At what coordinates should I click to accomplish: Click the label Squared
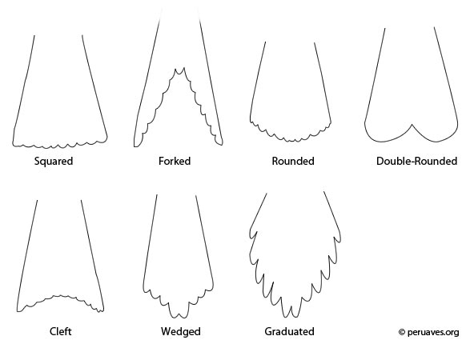(54, 162)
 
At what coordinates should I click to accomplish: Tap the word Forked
(175, 161)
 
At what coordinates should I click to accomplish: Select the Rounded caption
(293, 161)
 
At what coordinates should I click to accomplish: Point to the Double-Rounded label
(416, 161)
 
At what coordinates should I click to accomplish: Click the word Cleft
(61, 331)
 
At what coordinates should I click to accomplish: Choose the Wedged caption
(181, 332)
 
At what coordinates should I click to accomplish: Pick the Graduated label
(289, 331)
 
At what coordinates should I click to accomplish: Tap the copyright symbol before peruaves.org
(402, 332)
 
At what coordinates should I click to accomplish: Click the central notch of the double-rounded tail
(412, 124)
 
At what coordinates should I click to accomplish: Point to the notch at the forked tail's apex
(179, 73)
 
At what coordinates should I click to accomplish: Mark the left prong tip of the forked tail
(135, 146)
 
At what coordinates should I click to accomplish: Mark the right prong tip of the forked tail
(222, 145)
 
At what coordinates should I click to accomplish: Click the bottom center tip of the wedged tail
(179, 318)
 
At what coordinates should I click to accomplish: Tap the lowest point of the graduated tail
(287, 317)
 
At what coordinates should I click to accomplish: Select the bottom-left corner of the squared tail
(13, 144)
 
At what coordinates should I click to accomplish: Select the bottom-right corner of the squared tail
(106, 138)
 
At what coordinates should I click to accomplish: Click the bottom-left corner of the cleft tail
(18, 311)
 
